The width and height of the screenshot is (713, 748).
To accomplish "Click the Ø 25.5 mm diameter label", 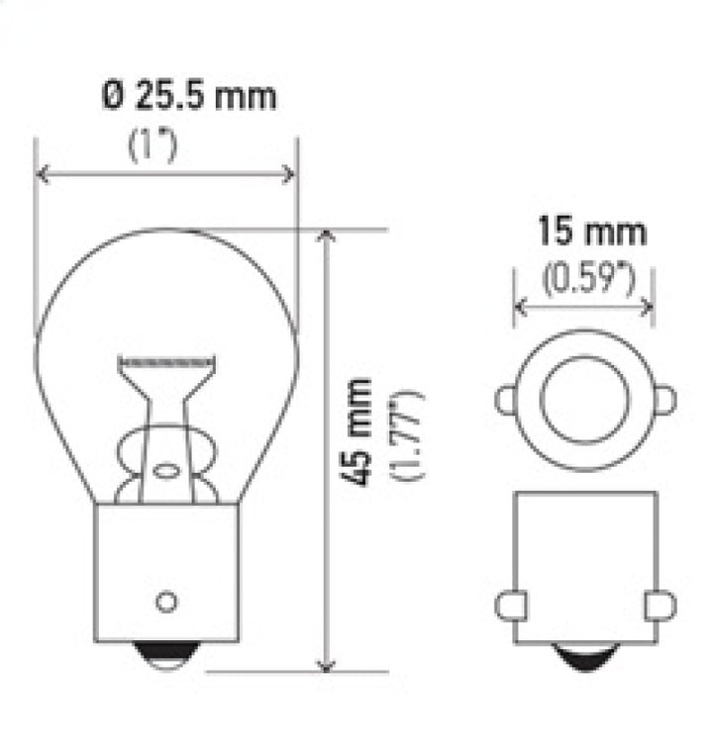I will (x=188, y=97).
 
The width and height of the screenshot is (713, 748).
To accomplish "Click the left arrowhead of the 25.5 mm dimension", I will (x=43, y=175).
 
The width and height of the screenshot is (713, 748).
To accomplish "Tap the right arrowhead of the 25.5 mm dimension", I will (x=289, y=175).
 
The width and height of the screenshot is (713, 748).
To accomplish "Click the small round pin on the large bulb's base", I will (x=166, y=602).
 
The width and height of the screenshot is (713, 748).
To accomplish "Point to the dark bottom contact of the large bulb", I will (x=166, y=654).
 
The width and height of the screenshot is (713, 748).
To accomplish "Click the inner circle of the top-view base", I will (x=583, y=401).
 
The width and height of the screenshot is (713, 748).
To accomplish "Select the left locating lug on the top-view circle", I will (x=505, y=401).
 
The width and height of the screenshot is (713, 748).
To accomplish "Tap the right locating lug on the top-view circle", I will (x=664, y=401).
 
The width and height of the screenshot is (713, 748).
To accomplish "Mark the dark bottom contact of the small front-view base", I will (x=584, y=654).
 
